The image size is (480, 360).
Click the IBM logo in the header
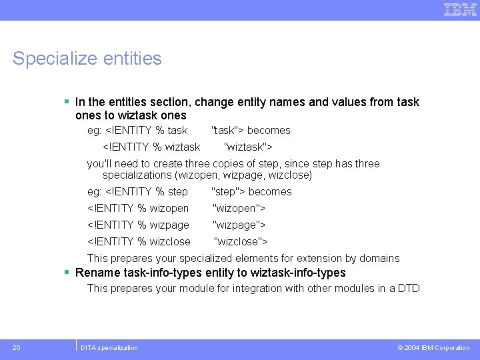(x=460, y=9)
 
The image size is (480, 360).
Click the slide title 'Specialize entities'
(x=87, y=59)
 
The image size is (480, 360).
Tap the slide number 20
(x=16, y=347)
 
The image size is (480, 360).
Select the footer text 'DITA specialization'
(x=109, y=348)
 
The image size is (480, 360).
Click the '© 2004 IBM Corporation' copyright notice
(x=433, y=348)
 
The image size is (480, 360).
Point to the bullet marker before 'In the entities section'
(x=67, y=102)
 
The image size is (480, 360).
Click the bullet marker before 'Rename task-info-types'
(x=67, y=273)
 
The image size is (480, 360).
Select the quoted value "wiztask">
(x=248, y=147)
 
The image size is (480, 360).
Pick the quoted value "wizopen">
(x=239, y=208)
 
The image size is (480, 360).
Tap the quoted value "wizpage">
(x=239, y=225)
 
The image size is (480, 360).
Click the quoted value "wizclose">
(x=241, y=241)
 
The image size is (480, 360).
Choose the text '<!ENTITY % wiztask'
(x=151, y=147)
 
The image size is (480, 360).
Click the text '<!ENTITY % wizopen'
(x=138, y=208)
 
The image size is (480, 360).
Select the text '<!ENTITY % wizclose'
(x=139, y=241)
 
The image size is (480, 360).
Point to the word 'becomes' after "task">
(x=269, y=130)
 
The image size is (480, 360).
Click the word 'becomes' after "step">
(x=270, y=191)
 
